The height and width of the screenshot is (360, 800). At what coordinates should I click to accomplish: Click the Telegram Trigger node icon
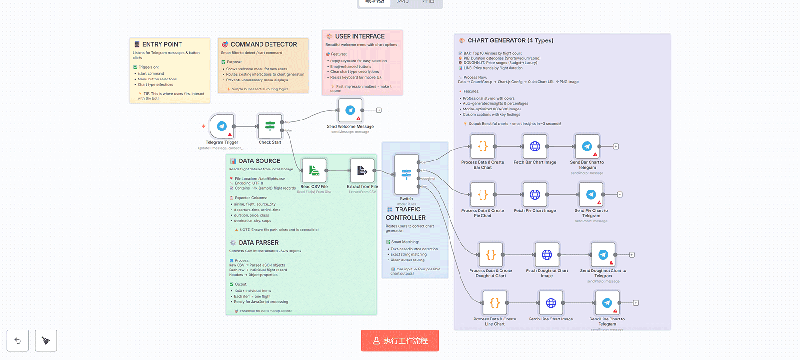(x=221, y=126)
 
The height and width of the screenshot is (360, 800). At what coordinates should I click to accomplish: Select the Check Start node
(x=270, y=126)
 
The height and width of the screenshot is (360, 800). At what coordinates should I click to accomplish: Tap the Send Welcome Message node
(x=350, y=110)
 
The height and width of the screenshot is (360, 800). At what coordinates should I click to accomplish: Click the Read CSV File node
(x=314, y=170)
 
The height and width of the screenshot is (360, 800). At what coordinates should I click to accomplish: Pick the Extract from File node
(x=362, y=170)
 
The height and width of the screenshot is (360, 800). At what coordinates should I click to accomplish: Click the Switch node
(x=406, y=174)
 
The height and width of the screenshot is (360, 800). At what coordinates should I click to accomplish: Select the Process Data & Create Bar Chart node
(x=482, y=146)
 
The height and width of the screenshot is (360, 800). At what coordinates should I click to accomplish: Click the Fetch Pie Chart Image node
(x=535, y=194)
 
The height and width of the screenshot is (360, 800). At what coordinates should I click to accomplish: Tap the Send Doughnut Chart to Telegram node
(x=603, y=255)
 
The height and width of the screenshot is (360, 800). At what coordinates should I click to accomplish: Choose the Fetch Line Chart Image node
(x=551, y=303)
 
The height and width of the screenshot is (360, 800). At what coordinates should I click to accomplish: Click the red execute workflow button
(x=400, y=340)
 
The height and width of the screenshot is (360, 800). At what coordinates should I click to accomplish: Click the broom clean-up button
(x=46, y=340)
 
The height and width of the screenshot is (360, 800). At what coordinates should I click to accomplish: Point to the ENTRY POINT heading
(x=162, y=44)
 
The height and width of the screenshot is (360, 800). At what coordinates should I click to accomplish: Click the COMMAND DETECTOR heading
(x=263, y=44)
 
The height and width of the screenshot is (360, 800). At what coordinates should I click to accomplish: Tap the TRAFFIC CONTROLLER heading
(x=405, y=213)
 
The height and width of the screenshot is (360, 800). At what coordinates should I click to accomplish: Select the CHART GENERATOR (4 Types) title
(x=510, y=40)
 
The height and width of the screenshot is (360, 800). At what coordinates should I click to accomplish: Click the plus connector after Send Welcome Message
(x=379, y=110)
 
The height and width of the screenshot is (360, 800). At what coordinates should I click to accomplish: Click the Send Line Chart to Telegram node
(x=607, y=303)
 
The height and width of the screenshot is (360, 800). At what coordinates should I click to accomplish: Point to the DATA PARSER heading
(x=258, y=243)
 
